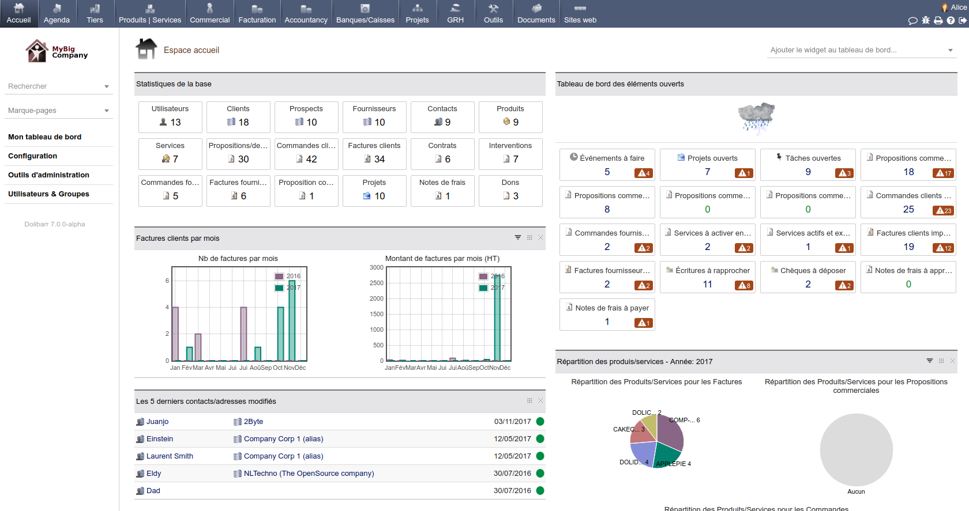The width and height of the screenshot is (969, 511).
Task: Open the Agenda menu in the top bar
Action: tap(57, 14)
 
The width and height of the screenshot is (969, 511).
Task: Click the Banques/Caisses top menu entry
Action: tap(365, 14)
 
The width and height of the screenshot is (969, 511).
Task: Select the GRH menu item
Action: tap(455, 14)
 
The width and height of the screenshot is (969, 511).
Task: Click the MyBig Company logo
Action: tap(57, 51)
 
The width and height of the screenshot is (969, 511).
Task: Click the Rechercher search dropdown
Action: tap(58, 86)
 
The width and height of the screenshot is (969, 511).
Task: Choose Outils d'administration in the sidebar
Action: tap(48, 175)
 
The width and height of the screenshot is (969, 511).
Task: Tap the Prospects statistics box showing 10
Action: tap(306, 117)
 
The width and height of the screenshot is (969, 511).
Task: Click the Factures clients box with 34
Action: tap(374, 154)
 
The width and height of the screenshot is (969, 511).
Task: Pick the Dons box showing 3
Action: tap(510, 191)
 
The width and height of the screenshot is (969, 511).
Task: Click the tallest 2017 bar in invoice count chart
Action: tap(292, 320)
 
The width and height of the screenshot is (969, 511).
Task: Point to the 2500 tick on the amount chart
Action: tap(377, 283)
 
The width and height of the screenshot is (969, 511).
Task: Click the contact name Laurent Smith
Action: tap(170, 456)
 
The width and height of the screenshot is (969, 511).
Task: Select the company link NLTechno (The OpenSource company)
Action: tap(309, 474)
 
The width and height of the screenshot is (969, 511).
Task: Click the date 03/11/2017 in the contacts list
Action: tap(512, 422)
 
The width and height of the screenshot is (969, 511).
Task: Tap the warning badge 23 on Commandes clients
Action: tap(944, 210)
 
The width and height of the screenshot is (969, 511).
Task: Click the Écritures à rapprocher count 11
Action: tap(707, 284)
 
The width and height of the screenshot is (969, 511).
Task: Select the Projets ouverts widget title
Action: tap(712, 158)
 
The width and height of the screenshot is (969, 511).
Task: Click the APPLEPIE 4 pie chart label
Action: tap(673, 464)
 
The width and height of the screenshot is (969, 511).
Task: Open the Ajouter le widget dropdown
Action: tap(862, 50)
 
